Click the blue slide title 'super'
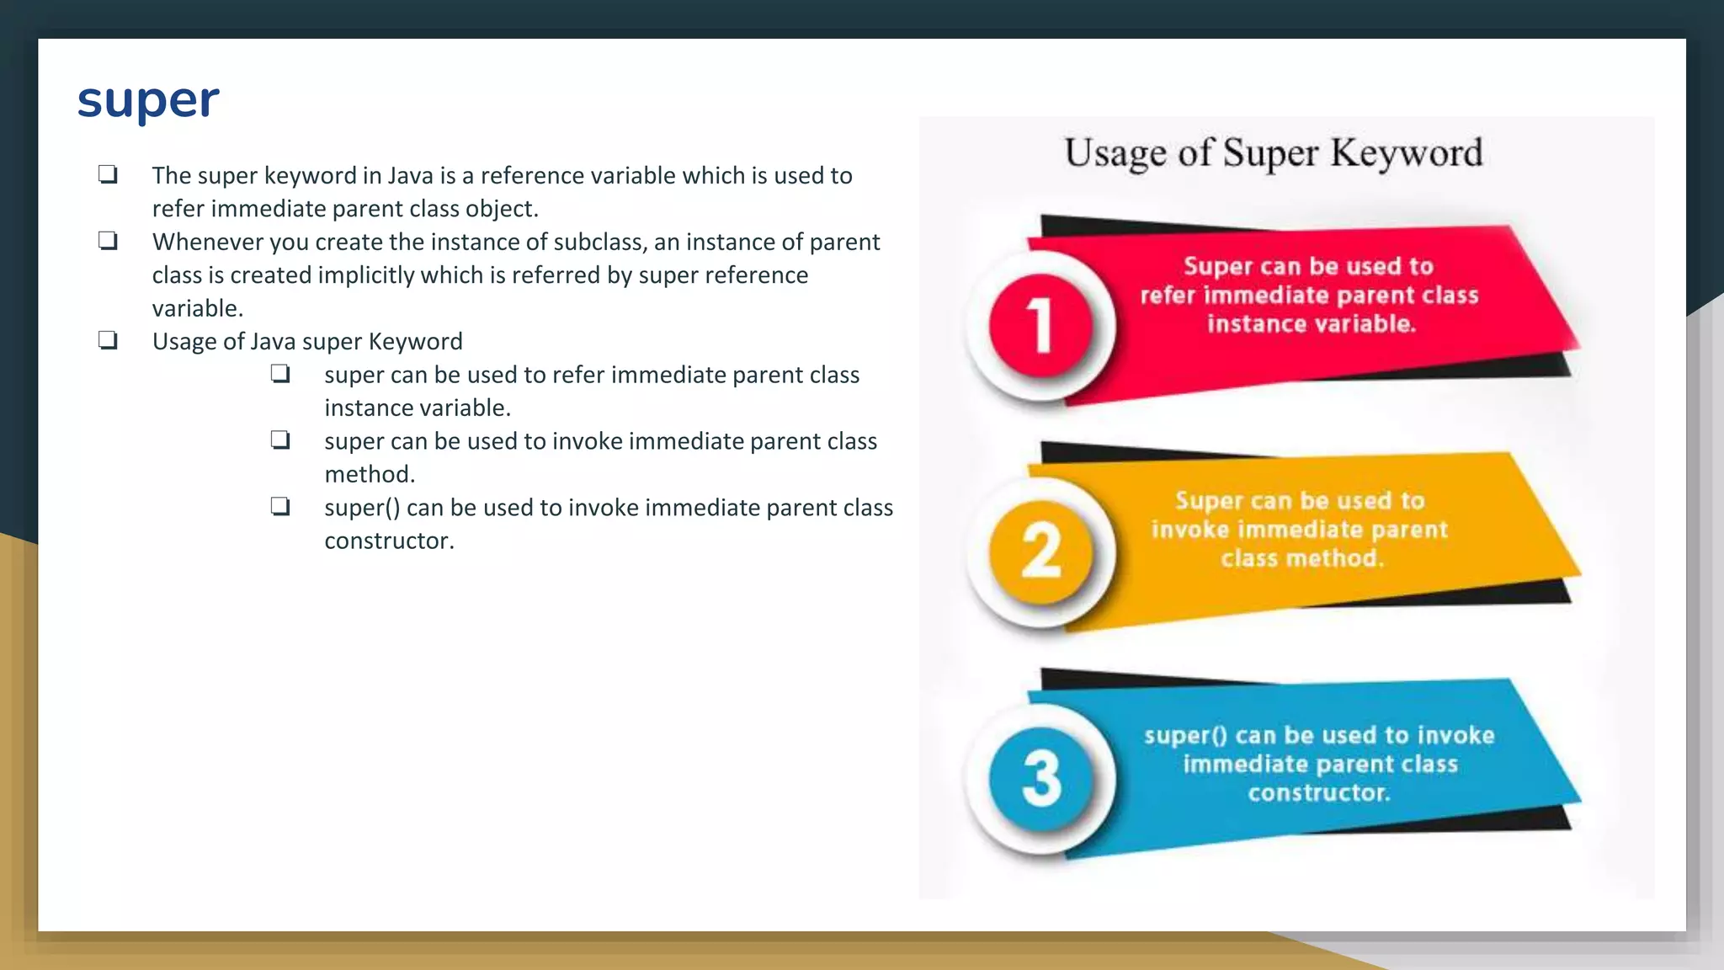(x=148, y=101)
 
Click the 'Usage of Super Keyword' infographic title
(x=1273, y=153)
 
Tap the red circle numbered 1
(x=1041, y=325)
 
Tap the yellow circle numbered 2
(x=1041, y=552)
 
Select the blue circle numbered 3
(x=1041, y=778)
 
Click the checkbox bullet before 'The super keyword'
(x=108, y=174)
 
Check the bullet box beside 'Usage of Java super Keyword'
(x=108, y=340)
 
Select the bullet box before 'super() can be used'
(x=280, y=506)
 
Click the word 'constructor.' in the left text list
(x=389, y=541)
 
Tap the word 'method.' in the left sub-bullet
(x=370, y=474)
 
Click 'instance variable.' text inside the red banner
(x=1311, y=324)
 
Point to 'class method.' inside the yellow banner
(x=1302, y=558)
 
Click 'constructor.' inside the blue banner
(x=1318, y=792)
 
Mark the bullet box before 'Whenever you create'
(x=108, y=241)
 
